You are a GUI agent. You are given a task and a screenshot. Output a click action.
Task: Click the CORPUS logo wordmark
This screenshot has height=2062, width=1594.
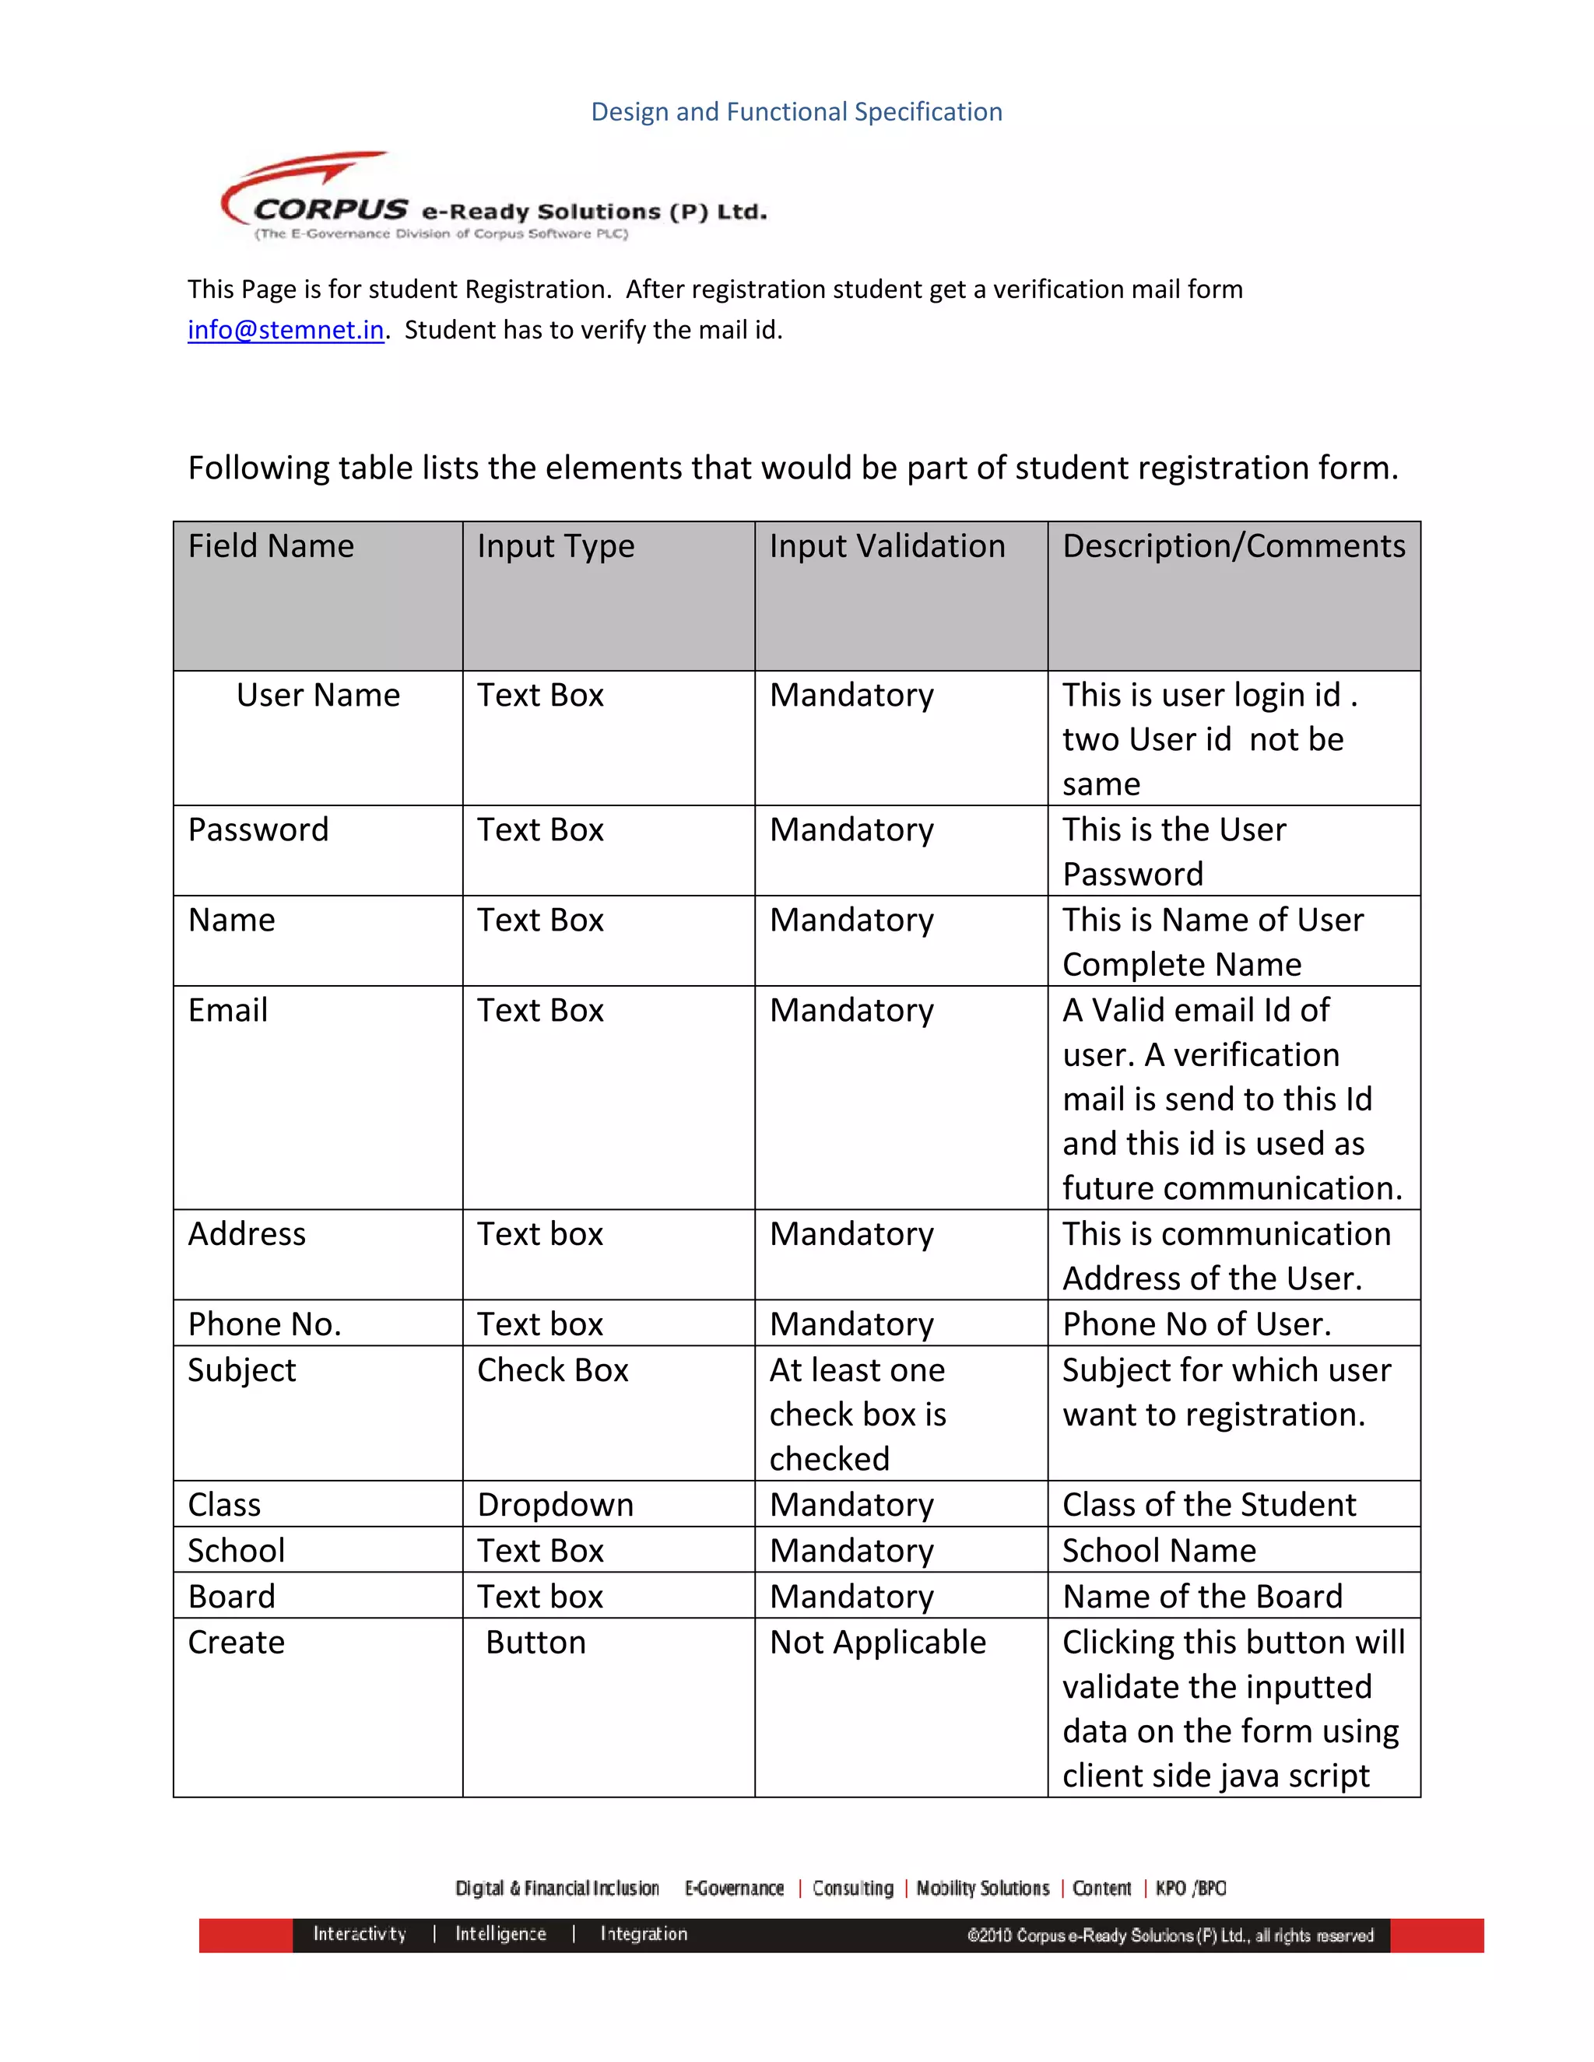[331, 209]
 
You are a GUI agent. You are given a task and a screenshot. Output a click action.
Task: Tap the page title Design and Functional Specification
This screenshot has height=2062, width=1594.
[796, 111]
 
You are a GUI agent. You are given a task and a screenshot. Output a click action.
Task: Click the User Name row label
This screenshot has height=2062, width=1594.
[318, 695]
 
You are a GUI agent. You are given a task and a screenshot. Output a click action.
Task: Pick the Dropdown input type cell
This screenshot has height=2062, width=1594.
[555, 1504]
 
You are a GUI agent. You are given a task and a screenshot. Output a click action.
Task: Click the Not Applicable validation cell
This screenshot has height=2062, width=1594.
[877, 1642]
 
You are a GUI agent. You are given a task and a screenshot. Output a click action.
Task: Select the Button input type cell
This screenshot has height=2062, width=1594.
[535, 1642]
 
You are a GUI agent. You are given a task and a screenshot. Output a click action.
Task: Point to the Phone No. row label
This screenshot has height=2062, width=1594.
[265, 1324]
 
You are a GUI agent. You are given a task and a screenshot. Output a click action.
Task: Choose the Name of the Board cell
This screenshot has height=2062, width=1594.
[1202, 1596]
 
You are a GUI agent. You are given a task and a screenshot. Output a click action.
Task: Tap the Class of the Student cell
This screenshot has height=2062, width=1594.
[1209, 1504]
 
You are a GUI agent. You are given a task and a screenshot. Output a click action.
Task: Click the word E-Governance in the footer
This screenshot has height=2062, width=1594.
[734, 1888]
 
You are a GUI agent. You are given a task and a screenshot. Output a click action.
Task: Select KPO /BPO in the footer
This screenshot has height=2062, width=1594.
[1191, 1888]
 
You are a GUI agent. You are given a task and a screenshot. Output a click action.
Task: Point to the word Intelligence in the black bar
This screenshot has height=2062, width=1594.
[500, 1934]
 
